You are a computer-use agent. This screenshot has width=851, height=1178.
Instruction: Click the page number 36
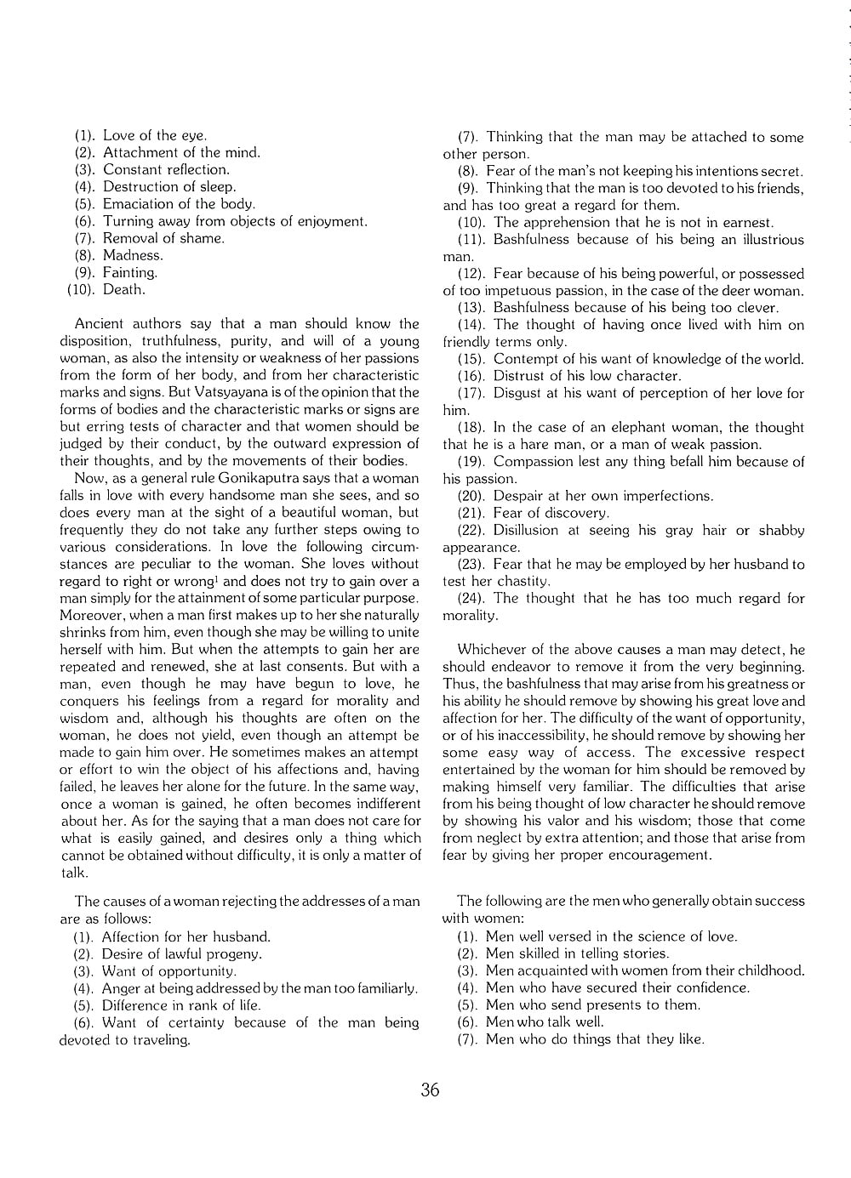click(430, 1090)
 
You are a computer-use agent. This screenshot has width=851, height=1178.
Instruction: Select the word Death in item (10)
click(124, 289)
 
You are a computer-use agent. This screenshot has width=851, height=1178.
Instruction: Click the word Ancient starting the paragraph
click(99, 324)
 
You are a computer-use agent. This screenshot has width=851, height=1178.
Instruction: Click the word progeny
click(235, 954)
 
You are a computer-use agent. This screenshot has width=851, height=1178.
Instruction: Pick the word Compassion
click(533, 461)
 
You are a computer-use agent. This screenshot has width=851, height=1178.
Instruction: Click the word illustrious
click(762, 239)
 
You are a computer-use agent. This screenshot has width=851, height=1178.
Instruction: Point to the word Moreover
click(89, 615)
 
